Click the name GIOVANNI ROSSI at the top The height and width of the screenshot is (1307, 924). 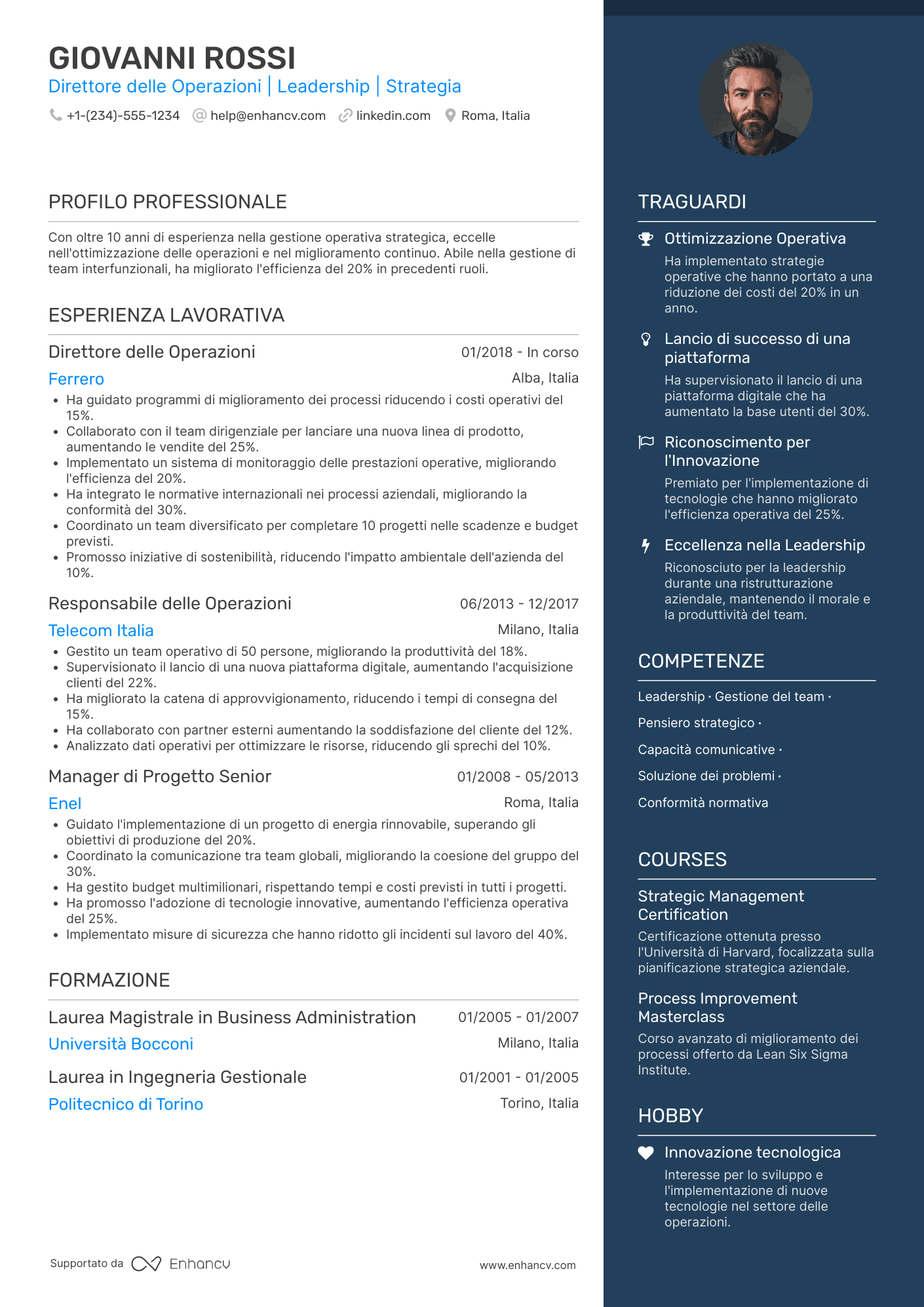(x=172, y=58)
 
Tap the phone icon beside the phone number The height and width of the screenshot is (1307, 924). (x=56, y=115)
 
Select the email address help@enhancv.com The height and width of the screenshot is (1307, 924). (x=267, y=116)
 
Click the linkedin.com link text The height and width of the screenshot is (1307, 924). (x=393, y=116)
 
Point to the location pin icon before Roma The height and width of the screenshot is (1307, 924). (x=450, y=115)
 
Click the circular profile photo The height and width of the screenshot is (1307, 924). (x=756, y=100)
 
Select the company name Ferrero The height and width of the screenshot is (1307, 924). (x=76, y=379)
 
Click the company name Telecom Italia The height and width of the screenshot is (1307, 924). (x=101, y=631)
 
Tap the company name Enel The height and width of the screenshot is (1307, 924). (x=65, y=804)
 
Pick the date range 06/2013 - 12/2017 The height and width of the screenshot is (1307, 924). (x=519, y=604)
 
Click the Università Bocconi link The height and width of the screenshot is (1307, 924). (x=121, y=1044)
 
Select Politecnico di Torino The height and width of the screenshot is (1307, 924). (x=126, y=1105)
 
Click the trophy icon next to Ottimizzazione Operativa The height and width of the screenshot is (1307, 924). (x=646, y=239)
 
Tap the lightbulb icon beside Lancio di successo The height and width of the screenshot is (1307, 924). (x=646, y=339)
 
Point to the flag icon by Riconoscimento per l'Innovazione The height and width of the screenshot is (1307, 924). (x=646, y=442)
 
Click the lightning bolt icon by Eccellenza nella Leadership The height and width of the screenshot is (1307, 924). (x=646, y=546)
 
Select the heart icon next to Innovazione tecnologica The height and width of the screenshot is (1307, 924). (x=646, y=1153)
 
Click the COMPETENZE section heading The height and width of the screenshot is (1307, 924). (x=701, y=661)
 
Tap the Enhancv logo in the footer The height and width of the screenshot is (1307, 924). (x=181, y=1264)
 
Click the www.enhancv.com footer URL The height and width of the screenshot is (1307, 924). (x=528, y=1265)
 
